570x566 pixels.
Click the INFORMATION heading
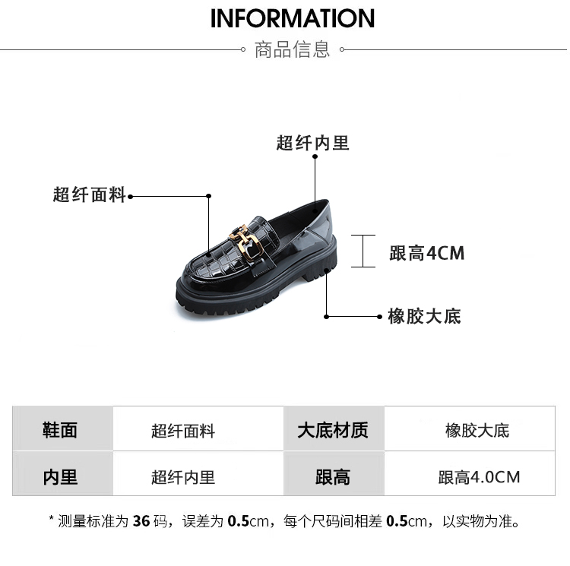pos(293,18)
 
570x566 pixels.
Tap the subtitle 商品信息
pos(292,50)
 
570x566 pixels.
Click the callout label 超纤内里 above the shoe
pos(312,143)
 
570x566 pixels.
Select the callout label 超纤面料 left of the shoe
pos(89,195)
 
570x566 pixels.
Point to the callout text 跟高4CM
pos(426,253)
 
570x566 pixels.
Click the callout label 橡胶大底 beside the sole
pos(424,316)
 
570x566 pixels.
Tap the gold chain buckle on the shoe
pos(248,239)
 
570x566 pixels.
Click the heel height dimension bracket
pos(364,251)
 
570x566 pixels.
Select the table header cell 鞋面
pos(60,430)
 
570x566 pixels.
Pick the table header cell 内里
pos(60,477)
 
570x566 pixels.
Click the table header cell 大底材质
pos(333,430)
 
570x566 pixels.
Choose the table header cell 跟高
pos(333,477)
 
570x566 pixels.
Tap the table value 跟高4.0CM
pos(479,477)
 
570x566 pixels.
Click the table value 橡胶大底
pos(477,431)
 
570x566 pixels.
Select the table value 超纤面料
pos(183,432)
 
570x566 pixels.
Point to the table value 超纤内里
pos(183,477)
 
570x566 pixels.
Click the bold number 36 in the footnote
pos(141,522)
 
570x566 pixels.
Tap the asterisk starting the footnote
pos(52,520)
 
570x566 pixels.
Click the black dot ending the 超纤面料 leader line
pos(131,196)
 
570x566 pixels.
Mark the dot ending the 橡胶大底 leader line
pos(381,316)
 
